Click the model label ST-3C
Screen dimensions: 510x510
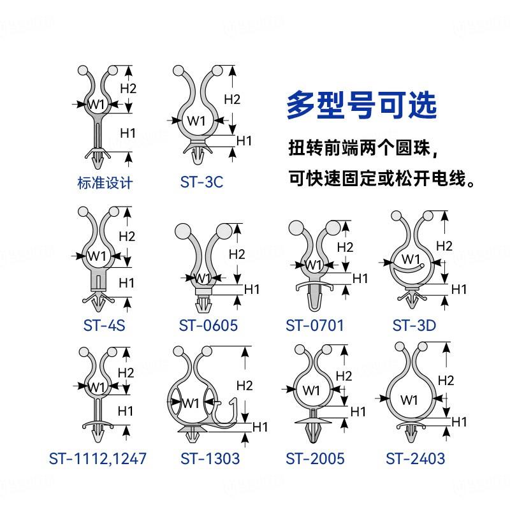(201, 182)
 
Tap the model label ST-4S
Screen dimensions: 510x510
(104, 325)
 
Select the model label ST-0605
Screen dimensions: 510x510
(208, 325)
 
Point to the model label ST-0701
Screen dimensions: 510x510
(314, 325)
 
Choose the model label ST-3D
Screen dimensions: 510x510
(414, 325)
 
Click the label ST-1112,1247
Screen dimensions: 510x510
(98, 458)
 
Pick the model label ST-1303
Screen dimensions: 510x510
(210, 458)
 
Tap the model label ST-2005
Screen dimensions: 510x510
(315, 458)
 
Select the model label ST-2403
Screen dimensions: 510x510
(416, 458)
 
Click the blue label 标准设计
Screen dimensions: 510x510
(105, 183)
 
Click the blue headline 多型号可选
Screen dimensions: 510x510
(361, 105)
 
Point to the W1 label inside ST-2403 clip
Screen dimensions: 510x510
(409, 400)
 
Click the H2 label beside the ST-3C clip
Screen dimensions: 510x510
(232, 99)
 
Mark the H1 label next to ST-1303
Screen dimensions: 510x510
(260, 426)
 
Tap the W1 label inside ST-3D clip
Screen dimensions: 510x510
(411, 259)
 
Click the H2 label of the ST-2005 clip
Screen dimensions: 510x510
(344, 376)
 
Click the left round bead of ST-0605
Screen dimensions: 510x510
(183, 231)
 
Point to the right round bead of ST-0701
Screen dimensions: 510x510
(333, 228)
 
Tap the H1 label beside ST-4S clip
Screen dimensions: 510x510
(126, 283)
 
